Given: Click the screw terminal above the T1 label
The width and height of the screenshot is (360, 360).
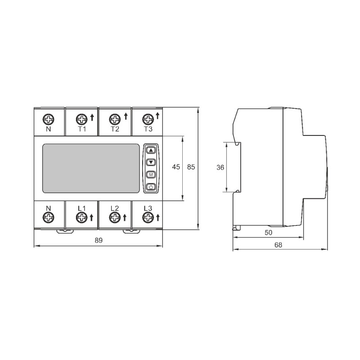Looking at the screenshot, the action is [x=81, y=119].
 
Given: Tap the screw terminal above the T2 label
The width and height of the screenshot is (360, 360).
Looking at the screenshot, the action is [x=115, y=119].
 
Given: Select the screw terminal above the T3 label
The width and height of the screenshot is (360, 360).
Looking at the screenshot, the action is [x=148, y=119].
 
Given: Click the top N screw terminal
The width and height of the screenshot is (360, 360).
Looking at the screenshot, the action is [x=49, y=119].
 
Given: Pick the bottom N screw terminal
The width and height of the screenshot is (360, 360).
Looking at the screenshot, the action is [x=49, y=217].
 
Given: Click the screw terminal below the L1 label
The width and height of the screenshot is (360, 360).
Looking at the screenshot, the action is [x=81, y=217].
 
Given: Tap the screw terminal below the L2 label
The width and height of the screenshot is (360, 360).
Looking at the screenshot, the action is [x=115, y=217].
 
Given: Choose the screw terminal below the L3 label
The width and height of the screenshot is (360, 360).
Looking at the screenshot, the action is [x=148, y=217].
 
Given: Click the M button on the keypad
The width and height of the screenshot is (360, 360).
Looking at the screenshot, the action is [x=151, y=175].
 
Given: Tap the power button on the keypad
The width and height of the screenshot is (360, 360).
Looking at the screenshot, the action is [x=151, y=187].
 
